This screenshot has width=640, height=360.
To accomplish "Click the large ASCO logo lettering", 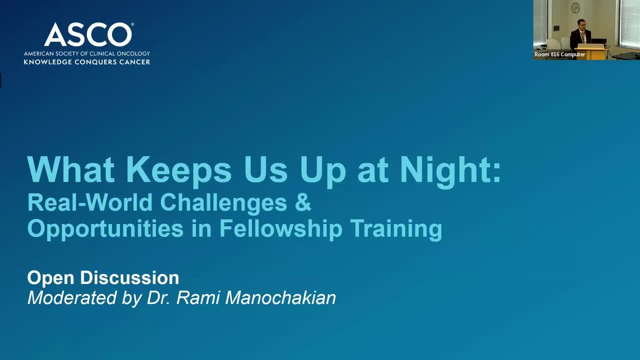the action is (88, 34).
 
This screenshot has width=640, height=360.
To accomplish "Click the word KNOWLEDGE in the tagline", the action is (47, 62).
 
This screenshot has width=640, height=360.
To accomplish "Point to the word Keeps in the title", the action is (181, 169).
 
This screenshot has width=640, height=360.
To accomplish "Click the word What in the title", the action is (71, 169).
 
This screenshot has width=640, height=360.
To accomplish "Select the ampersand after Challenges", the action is (303, 201).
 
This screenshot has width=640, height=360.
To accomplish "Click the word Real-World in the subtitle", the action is (90, 201).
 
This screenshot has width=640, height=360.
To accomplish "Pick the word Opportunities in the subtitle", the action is (105, 229).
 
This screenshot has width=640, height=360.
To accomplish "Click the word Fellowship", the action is (281, 229).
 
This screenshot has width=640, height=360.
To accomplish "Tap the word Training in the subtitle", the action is (396, 229).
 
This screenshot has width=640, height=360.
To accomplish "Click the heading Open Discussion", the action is (103, 277).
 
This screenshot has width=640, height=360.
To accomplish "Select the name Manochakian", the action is (280, 297).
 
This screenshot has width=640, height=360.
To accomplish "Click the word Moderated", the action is (72, 297).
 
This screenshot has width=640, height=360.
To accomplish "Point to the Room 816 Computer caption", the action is (559, 54).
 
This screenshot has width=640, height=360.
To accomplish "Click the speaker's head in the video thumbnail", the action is (581, 24).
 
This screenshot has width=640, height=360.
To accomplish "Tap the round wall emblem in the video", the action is (575, 7).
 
